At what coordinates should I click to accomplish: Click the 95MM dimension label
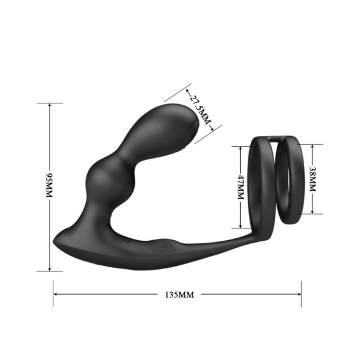click(50, 185)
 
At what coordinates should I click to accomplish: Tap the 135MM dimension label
click(179, 295)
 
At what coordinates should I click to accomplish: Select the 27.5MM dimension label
click(199, 109)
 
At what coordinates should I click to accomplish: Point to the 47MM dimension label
click(241, 187)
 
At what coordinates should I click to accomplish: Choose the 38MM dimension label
click(312, 179)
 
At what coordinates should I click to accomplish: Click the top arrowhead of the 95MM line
click(50, 105)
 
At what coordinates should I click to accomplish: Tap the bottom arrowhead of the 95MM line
click(50, 269)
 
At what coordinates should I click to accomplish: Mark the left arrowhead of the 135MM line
click(55, 294)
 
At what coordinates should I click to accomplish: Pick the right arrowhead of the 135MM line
click(299, 294)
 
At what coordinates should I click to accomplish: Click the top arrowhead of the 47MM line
click(240, 148)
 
